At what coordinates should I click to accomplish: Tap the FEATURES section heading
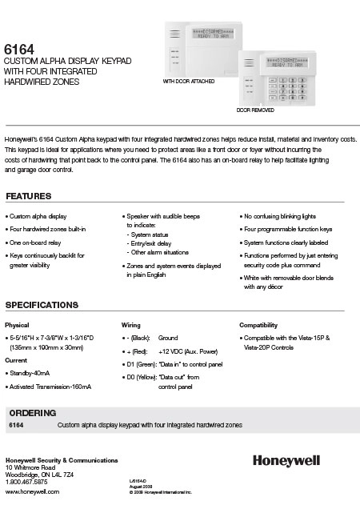[x=30, y=196]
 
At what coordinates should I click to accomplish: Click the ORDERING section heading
[x=33, y=412]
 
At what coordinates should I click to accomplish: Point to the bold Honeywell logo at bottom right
[x=308, y=461]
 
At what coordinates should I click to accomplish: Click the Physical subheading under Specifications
[x=17, y=326]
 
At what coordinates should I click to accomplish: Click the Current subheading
[x=16, y=361]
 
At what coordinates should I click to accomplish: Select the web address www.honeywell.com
[x=33, y=491]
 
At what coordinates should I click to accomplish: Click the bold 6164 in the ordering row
[x=14, y=426]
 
